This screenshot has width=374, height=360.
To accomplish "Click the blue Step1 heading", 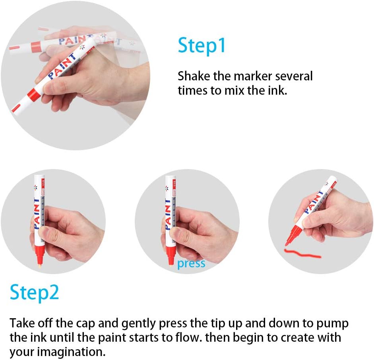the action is click(x=202, y=46).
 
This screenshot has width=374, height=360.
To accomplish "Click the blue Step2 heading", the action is click(x=34, y=293).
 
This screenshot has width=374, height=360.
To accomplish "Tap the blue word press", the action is click(x=191, y=264).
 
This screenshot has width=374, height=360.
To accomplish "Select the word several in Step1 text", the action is click(x=294, y=76).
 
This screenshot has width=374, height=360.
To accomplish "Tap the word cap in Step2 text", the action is click(x=85, y=324).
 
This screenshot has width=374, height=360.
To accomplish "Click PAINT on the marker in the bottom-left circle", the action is click(x=36, y=214).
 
